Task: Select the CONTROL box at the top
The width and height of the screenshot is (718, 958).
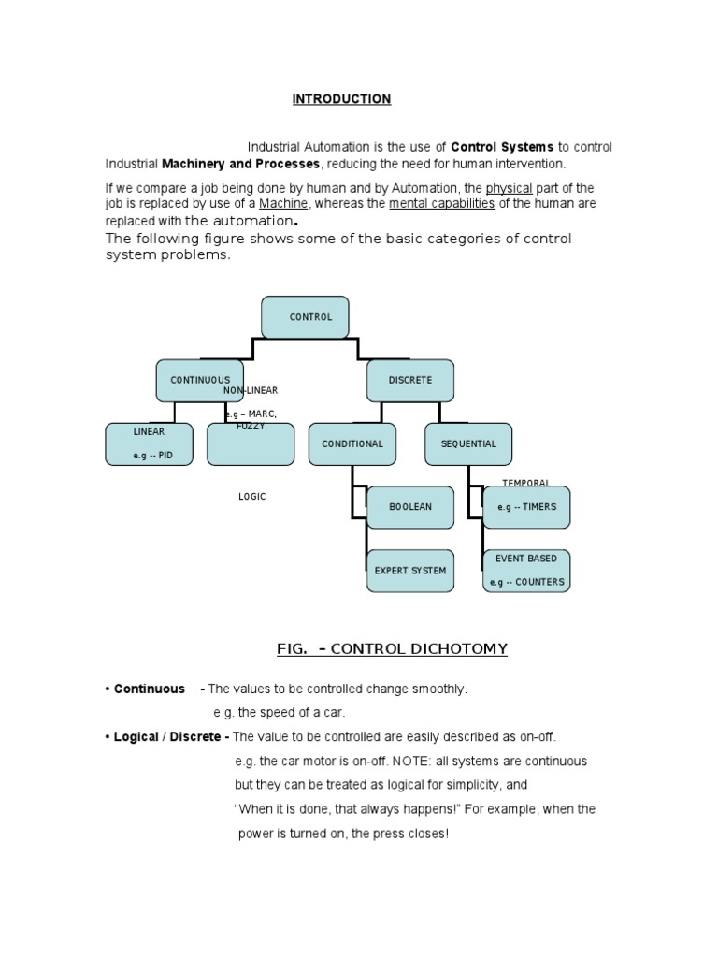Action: point(305,317)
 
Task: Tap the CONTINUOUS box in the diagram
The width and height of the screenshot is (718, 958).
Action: point(199,380)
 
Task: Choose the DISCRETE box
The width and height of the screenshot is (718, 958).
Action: point(410,380)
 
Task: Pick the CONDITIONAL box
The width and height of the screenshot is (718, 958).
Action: point(352,443)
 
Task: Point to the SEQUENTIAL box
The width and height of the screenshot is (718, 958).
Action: point(468,443)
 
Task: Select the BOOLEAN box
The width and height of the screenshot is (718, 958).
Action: point(410,507)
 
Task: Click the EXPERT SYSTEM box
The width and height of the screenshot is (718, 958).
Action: point(410,570)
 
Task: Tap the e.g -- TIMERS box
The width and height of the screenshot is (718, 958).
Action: point(526,507)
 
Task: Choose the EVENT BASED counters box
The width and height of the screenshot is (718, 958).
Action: point(526,570)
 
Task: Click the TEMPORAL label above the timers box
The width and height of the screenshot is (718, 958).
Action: point(525,483)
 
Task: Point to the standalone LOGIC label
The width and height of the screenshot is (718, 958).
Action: point(251,497)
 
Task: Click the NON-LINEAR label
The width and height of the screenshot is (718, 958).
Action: point(251,390)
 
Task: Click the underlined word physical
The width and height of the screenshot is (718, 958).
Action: point(509,188)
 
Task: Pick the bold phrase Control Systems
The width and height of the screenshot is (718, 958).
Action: point(502,147)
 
